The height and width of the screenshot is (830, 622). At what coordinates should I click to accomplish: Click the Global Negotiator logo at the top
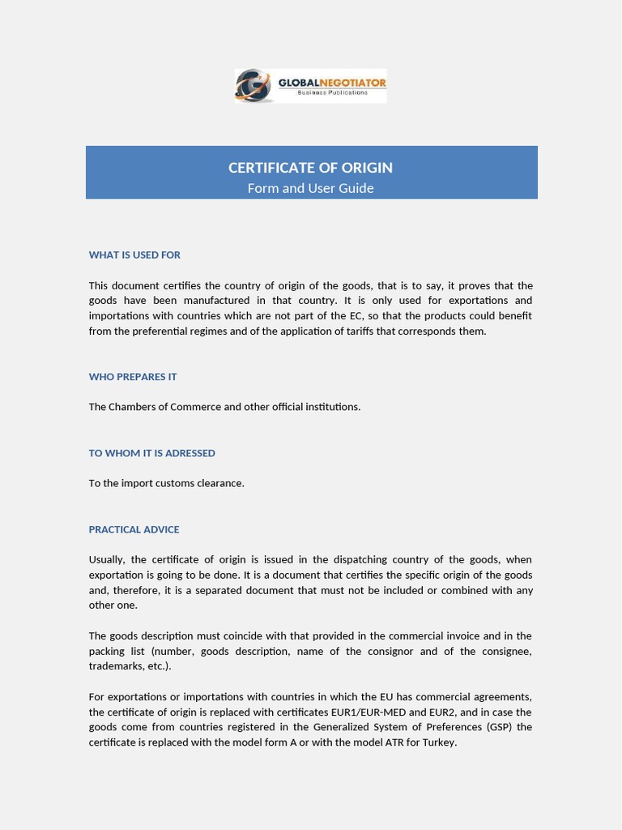pyautogui.click(x=310, y=86)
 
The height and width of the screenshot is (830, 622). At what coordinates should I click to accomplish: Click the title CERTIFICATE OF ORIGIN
pyautogui.click(x=310, y=168)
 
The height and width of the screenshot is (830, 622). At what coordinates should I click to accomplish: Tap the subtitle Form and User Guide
pyautogui.click(x=310, y=188)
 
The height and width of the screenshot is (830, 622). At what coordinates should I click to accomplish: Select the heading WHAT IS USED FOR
pyautogui.click(x=134, y=255)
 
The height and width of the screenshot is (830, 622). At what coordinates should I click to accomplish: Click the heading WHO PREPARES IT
pyautogui.click(x=133, y=376)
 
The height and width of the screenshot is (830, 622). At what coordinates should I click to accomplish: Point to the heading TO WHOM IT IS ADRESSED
pyautogui.click(x=151, y=453)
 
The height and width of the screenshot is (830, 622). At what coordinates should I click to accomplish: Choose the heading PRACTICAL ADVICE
pyautogui.click(x=134, y=529)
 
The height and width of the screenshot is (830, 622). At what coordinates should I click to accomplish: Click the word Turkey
pyautogui.click(x=438, y=742)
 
